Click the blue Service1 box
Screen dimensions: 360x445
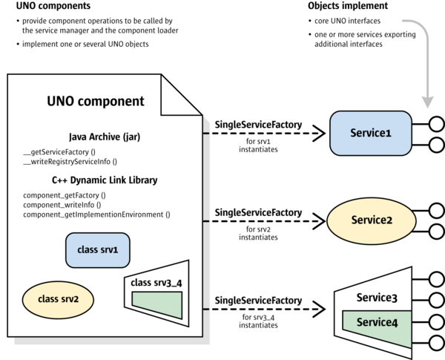point(370,134)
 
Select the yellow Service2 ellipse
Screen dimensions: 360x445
point(370,220)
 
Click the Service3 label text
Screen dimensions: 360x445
point(377,298)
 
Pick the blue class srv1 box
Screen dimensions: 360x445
point(99,250)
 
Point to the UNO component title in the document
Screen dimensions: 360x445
point(96,102)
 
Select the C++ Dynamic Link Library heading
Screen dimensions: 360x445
point(105,180)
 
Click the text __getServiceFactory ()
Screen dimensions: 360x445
point(65,151)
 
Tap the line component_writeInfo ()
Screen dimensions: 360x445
point(62,204)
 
